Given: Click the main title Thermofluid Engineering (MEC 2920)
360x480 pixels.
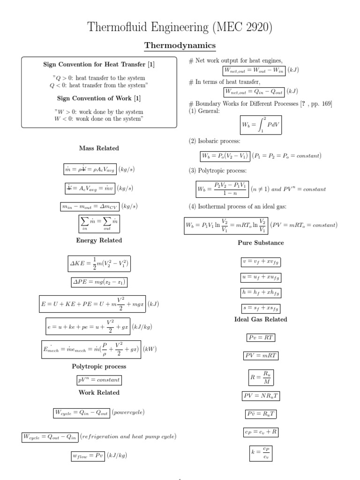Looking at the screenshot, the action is pos(180,28).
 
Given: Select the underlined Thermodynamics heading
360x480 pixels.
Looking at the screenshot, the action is pos(180,45).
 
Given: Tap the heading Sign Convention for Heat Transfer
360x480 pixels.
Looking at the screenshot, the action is pos(99,64).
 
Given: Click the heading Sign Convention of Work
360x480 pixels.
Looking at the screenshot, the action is pos(99,98).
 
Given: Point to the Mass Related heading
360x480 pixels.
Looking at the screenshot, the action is pos(99,148).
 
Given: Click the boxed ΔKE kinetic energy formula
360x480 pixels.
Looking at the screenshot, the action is pos(99,264).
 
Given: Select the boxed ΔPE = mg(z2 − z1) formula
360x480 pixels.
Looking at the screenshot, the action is pos(99,282).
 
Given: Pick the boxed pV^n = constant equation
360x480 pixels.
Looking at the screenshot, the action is pos(99,380).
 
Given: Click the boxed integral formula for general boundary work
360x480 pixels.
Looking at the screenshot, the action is pos(261,125).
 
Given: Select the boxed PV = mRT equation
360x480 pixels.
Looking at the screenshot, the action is pos(261,355).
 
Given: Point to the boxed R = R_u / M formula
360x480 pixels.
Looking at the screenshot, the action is pos(261,377).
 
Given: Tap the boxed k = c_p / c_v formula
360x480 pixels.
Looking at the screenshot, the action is pos(261,453).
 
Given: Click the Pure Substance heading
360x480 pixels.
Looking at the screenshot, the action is pos(261,243).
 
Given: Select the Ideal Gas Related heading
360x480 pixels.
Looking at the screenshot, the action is pos(261,320).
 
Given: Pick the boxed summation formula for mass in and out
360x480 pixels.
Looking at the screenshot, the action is pos(99,224).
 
